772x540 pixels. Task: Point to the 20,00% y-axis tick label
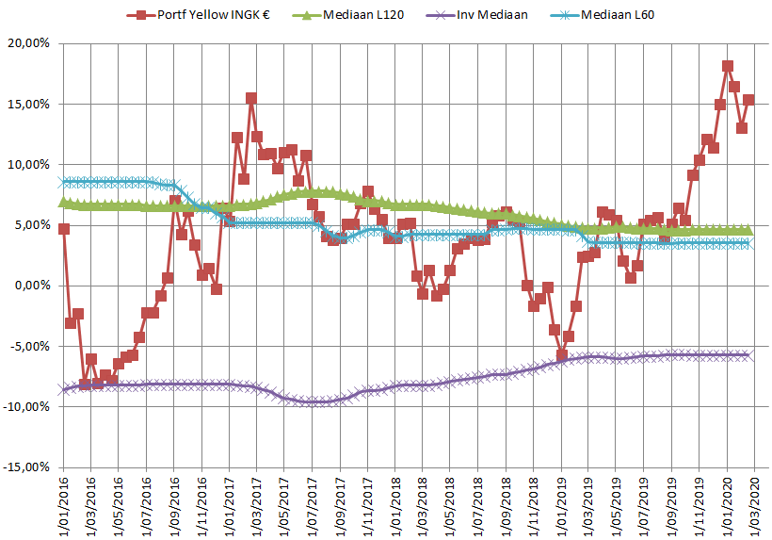point(31,43)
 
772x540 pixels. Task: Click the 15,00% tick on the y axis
point(31,104)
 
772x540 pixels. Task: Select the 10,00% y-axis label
point(31,164)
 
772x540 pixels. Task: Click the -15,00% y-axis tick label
point(29,466)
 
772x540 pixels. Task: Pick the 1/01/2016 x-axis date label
point(64,504)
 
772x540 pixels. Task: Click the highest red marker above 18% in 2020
point(728,66)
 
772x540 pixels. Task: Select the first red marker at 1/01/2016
point(63,228)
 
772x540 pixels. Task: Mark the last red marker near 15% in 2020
point(748,100)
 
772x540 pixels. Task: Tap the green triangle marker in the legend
point(303,16)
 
